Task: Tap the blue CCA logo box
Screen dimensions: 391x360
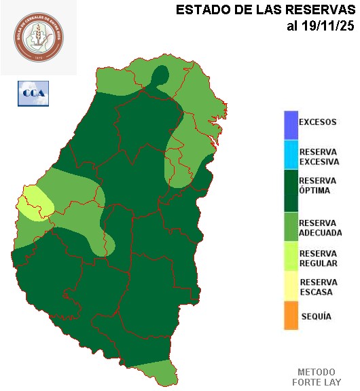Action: click(x=33, y=93)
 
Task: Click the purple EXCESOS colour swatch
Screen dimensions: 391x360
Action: click(x=291, y=123)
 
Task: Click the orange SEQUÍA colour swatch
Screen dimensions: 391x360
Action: click(x=291, y=316)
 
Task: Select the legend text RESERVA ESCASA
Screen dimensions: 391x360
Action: click(x=317, y=287)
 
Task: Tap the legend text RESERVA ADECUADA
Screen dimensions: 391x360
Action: click(x=320, y=227)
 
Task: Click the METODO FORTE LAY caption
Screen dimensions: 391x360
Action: click(x=316, y=377)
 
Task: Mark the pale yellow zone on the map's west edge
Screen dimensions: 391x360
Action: click(x=33, y=204)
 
